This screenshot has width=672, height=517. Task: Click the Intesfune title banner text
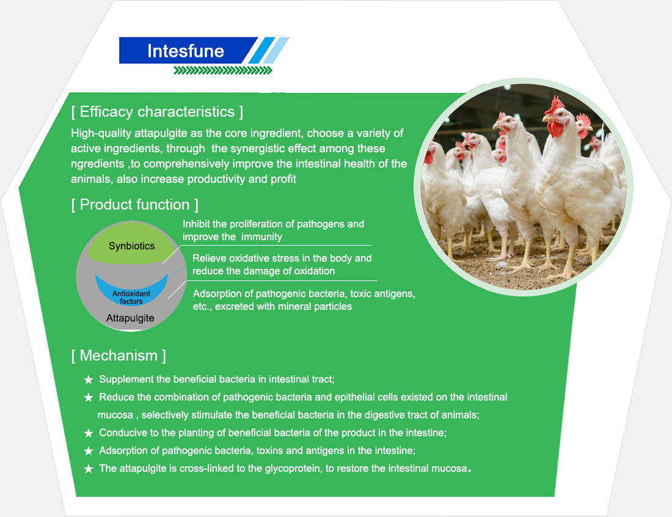tap(186, 51)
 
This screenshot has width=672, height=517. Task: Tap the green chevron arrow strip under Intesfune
tap(223, 70)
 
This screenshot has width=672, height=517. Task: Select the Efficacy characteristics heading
tap(157, 112)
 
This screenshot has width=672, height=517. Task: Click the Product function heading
tap(134, 205)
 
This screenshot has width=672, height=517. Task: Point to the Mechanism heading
tap(119, 356)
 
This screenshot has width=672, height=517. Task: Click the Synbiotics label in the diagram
tap(131, 246)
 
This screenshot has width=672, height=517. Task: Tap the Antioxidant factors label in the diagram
tap(131, 297)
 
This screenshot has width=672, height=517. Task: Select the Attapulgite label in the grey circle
tap(130, 318)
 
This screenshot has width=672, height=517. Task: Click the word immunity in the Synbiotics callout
tap(261, 237)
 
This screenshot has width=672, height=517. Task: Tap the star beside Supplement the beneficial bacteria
tap(89, 380)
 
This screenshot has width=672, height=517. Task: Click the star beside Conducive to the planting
tap(89, 433)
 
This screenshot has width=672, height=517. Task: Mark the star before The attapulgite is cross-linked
tap(89, 469)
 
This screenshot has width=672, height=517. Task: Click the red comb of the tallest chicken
tap(555, 105)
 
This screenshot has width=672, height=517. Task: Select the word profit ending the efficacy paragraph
tap(283, 179)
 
